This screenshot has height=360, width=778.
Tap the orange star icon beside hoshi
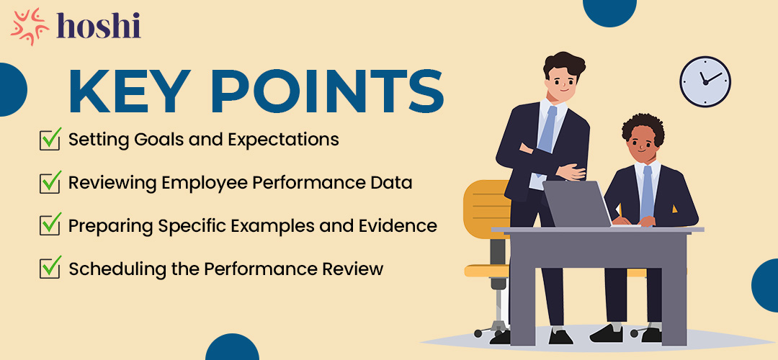coord(30,27)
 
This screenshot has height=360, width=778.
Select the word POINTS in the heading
coord(328,91)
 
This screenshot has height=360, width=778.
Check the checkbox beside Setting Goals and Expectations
coord(50,139)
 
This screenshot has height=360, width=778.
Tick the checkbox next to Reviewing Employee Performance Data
coord(50,182)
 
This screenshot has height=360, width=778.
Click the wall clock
coord(705,81)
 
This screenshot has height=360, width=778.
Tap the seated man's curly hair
coord(643,129)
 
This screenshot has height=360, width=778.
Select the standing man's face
coord(563,81)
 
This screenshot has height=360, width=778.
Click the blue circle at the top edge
coord(609,11)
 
